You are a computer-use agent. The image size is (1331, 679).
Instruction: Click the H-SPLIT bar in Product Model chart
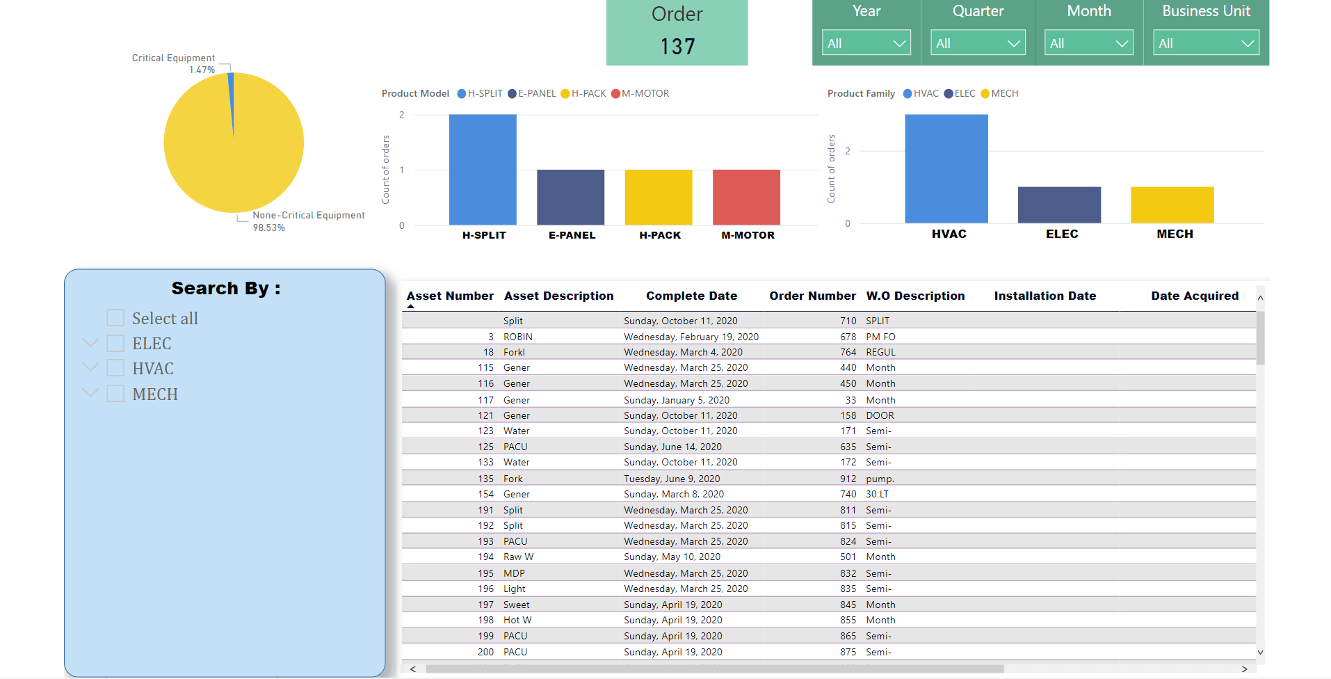coord(483,169)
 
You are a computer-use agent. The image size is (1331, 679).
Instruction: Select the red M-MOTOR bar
coord(746,197)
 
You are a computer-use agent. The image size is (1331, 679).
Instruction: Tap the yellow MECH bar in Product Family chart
coord(1172,205)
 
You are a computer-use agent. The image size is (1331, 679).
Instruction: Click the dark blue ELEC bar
coord(1059,205)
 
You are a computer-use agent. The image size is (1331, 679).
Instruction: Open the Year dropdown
coord(866,43)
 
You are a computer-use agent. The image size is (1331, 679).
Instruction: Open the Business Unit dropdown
coord(1206,43)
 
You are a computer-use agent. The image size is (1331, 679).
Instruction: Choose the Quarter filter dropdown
coord(978,43)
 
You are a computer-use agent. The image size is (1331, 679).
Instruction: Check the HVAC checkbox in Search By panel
coord(115,368)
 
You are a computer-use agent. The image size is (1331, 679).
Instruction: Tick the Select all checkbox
coord(115,318)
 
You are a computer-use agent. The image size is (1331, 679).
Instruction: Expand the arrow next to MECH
coord(90,393)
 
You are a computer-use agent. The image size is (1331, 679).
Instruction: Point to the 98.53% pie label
coord(268,228)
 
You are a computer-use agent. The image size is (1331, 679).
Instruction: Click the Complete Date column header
coord(691,296)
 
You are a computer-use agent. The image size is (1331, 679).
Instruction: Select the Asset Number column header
coord(450,296)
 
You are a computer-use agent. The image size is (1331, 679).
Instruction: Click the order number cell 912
coord(848,479)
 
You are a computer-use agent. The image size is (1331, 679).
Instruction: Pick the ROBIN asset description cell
coord(518,337)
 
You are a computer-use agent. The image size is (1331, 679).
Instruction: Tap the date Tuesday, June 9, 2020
coord(672,479)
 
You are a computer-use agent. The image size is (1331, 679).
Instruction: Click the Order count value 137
coord(677,47)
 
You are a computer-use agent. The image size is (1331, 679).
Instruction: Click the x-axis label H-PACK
coord(659,235)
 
